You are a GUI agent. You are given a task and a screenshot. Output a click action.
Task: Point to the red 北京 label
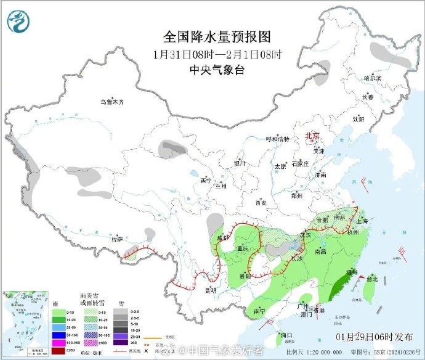coord(313,136)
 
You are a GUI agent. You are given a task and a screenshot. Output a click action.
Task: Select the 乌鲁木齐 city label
coord(113,102)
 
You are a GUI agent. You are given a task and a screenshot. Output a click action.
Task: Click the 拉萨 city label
coord(116,239)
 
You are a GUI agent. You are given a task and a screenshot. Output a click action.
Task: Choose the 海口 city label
coord(285,335)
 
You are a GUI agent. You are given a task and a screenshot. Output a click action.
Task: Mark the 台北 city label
coord(371,279)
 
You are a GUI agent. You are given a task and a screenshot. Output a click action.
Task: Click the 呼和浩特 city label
coord(277,139)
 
